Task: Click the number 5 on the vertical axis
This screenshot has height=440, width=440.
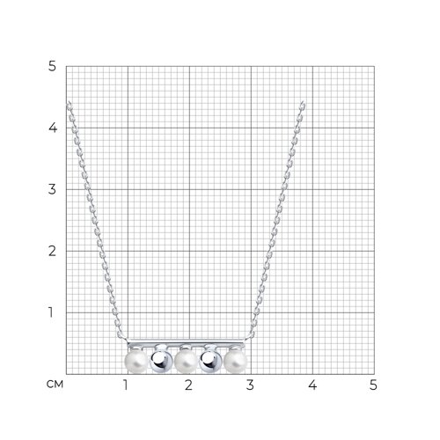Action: (52, 67)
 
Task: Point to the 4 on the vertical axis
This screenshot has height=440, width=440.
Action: (53, 128)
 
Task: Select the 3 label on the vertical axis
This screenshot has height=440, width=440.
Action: (52, 189)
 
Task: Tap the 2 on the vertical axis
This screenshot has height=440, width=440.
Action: (52, 251)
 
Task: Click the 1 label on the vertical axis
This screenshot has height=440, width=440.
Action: (51, 312)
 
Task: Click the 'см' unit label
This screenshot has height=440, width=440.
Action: (55, 384)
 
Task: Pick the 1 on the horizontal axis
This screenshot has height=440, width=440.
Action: (126, 385)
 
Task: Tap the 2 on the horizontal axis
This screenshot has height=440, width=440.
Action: (188, 385)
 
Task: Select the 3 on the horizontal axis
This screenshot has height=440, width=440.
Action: (250, 385)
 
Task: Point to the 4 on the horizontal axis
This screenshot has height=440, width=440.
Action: (312, 385)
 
